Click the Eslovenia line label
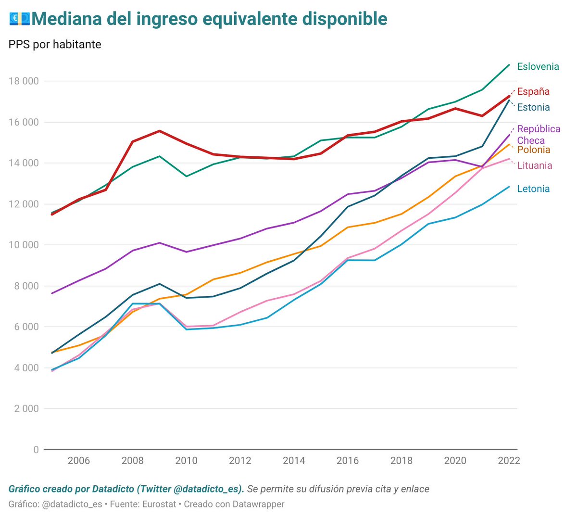(538, 66)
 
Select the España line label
(533, 91)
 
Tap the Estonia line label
(533, 107)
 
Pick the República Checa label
(538, 135)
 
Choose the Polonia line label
(533, 150)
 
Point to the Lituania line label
(534, 165)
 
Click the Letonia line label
(533, 189)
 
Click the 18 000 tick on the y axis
(24, 81)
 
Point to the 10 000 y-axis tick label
(24, 245)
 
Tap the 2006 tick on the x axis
(78, 461)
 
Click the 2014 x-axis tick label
(294, 461)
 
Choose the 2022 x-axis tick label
(509, 461)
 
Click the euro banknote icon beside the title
(19, 19)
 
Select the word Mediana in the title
(67, 19)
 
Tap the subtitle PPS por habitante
(55, 44)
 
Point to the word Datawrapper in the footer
(258, 504)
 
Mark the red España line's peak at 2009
(159, 131)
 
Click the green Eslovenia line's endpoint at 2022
(509, 65)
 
